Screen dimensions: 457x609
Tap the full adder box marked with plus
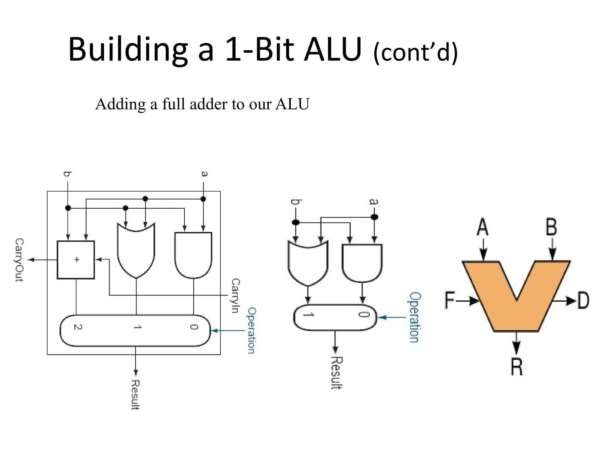click(x=76, y=260)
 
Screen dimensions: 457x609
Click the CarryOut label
click(x=19, y=260)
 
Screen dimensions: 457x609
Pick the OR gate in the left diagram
click(x=136, y=251)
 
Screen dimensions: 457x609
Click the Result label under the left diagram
click(x=135, y=395)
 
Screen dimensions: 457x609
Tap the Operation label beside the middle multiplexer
click(x=414, y=317)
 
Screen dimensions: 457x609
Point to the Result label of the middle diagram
click(x=337, y=373)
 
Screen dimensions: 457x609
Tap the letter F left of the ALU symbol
click(x=450, y=300)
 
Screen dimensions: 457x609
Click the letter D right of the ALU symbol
click(x=583, y=301)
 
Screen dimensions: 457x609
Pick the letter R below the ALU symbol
click(x=517, y=367)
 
